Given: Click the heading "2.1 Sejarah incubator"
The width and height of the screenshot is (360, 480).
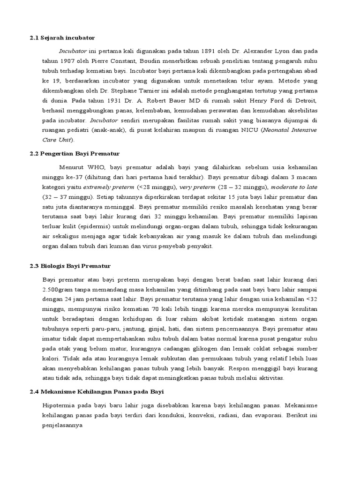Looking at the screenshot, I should pos(62,37).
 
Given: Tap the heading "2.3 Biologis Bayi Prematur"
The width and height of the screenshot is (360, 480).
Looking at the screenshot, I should pos(70,266).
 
